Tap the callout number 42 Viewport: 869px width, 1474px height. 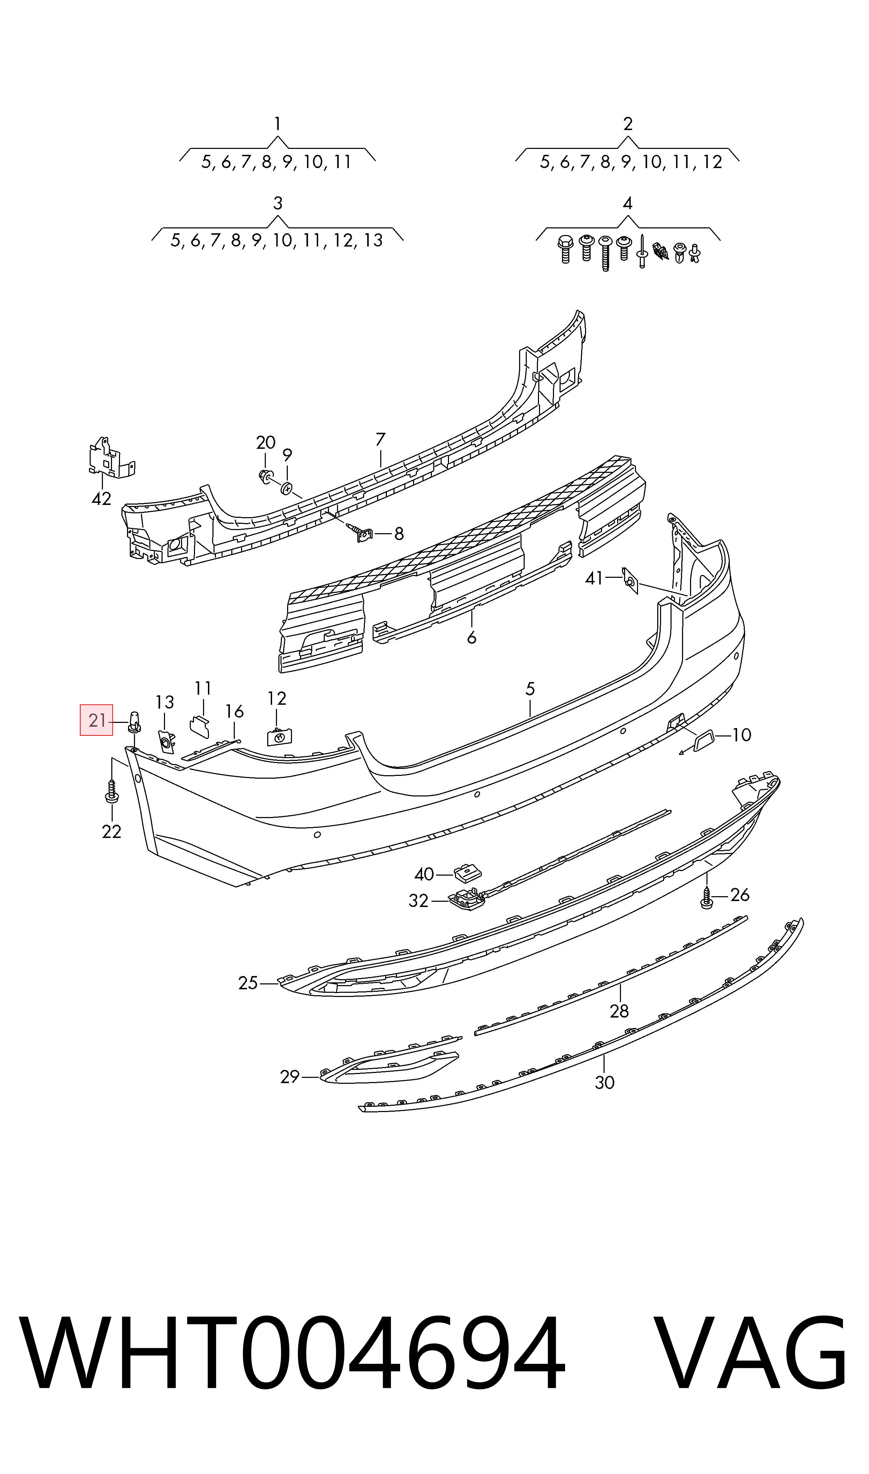[101, 499]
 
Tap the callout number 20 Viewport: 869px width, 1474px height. [266, 443]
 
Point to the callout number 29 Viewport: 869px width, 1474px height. [290, 1077]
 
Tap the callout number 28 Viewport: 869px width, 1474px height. [619, 1011]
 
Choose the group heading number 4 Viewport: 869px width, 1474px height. [628, 204]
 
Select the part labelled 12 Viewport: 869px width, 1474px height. [279, 737]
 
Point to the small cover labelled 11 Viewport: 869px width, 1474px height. [200, 726]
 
